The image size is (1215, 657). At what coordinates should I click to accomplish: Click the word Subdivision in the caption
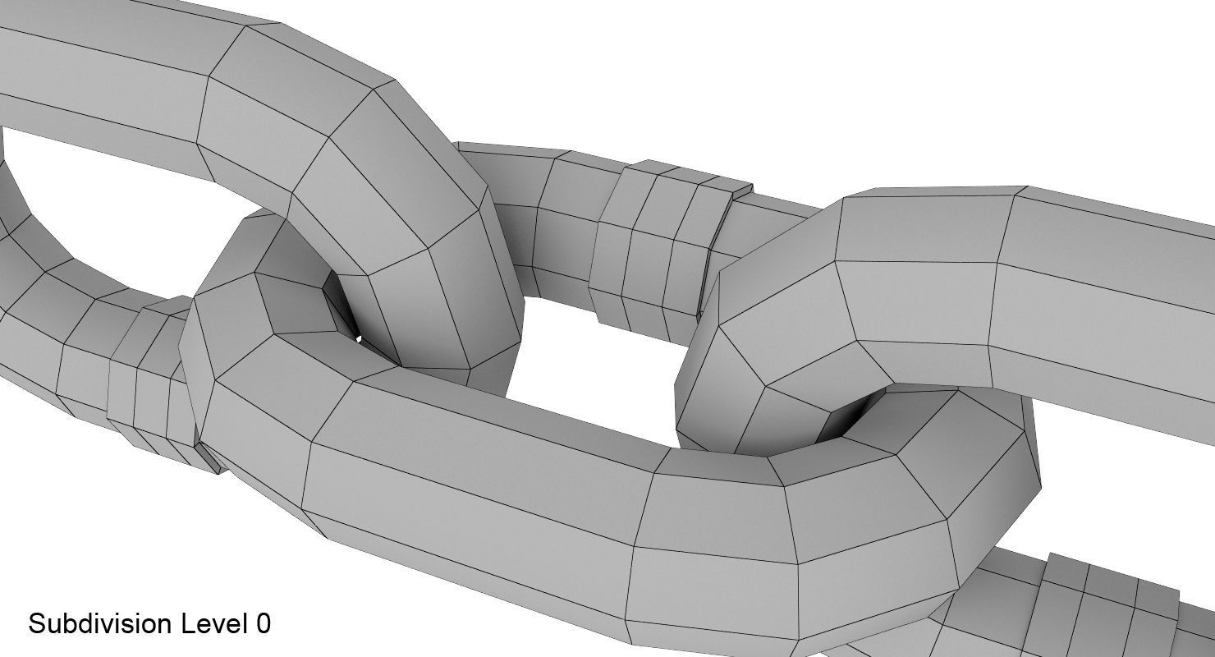[x=100, y=623]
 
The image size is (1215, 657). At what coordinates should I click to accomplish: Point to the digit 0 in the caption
[x=263, y=623]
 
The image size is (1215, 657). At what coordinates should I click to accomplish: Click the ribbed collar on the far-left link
[x=148, y=378]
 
